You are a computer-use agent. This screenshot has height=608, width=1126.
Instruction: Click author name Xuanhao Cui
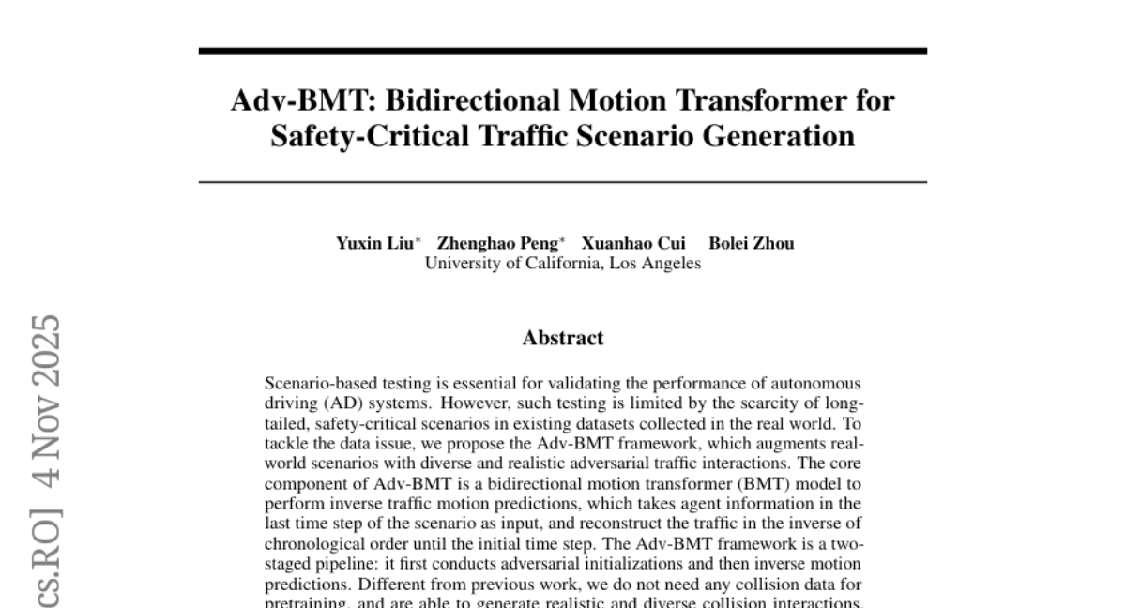(633, 243)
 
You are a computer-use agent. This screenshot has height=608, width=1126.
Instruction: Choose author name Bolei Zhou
(752, 243)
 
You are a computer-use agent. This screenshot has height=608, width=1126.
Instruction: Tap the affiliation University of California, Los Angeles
(563, 263)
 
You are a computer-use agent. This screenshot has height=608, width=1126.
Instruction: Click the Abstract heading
(563, 338)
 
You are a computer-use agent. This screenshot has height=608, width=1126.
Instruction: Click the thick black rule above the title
(563, 51)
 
